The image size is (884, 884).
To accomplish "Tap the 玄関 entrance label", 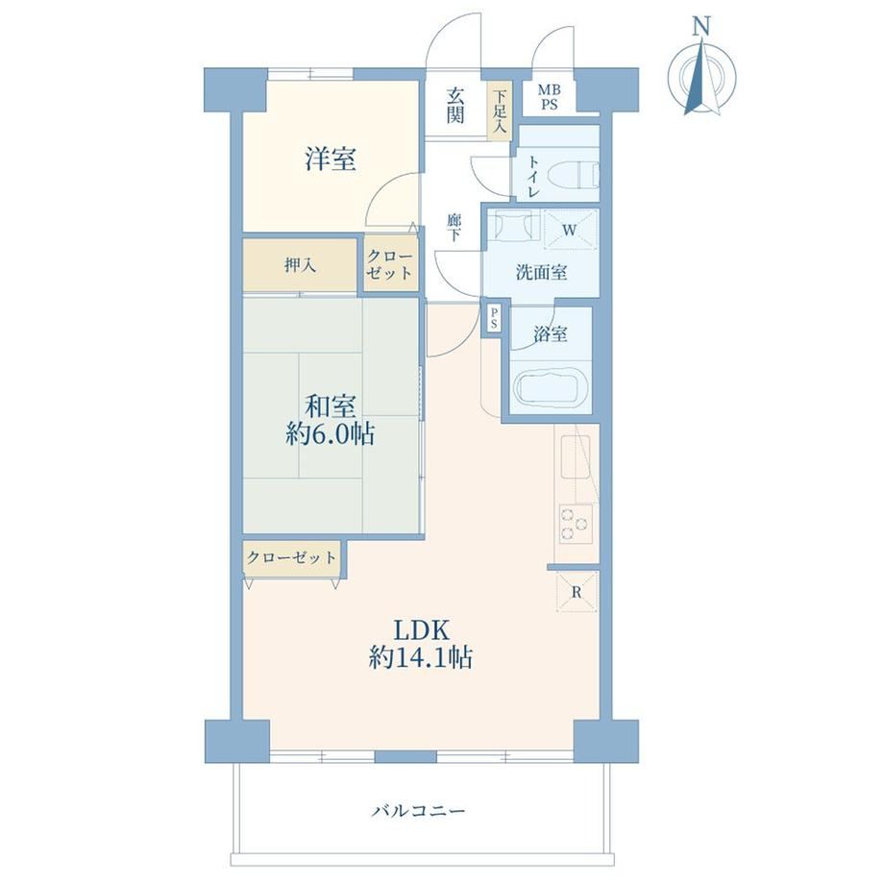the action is coord(454,105).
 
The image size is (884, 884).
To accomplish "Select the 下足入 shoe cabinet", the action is coord(500,111).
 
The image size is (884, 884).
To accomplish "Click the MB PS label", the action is coord(549,97).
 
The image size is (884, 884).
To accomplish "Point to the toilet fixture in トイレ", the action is coord(586,173).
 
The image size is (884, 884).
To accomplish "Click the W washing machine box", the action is coord(570,230).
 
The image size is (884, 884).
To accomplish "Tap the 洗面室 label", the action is coord(541,273).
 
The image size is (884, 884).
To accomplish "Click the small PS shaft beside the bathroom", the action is coord(494,319).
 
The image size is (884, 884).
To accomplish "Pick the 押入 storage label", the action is coord(300,265).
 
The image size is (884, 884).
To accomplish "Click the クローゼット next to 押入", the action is coord(390,265).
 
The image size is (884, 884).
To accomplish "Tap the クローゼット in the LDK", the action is coord(292,558).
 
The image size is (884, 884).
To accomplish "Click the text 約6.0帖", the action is coord(330,434).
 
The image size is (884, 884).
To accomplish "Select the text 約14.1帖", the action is coord(421,657).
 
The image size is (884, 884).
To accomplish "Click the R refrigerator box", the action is coord(577,591).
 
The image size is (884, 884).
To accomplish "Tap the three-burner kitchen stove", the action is coord(576,524).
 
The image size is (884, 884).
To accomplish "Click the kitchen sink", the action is coord(575,456).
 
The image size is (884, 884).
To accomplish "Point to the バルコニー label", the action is coord(418,811).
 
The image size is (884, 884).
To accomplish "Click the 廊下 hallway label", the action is coord(454,229).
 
